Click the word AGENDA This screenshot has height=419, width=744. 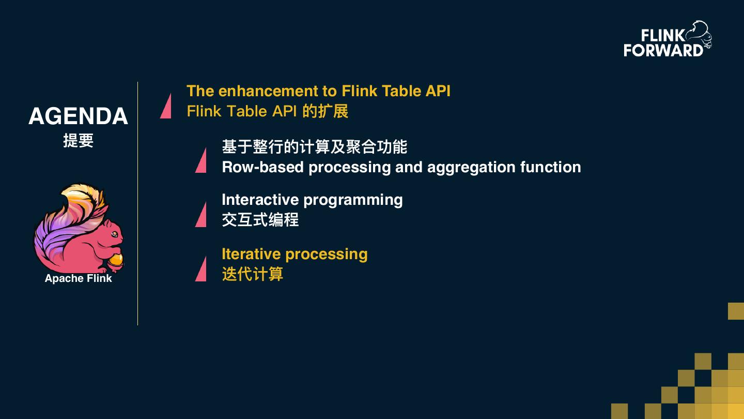point(78,116)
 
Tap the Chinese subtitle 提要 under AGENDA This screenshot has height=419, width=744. point(78,141)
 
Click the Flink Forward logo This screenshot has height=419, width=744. point(667,40)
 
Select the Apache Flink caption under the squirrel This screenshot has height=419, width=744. point(78,278)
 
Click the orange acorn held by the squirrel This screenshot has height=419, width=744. point(116,260)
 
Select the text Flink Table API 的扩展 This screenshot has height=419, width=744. point(267,111)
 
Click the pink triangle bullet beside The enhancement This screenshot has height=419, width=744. point(166,107)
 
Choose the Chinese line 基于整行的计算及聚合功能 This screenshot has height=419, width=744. point(314,147)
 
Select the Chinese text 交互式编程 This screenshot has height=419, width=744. point(260,220)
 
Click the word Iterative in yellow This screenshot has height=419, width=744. point(251,254)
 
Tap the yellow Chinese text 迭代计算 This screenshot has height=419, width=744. point(252,274)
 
